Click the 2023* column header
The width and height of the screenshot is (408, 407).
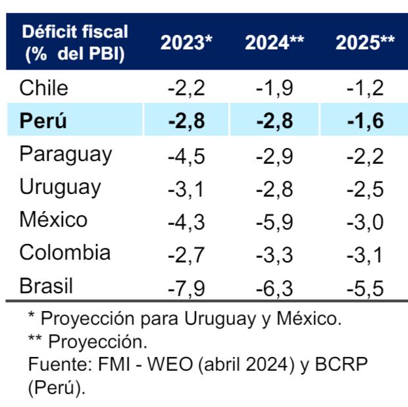[187, 43]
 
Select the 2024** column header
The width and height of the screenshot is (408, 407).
[274, 43]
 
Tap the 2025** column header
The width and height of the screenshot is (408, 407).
[365, 43]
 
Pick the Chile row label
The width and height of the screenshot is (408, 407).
[43, 87]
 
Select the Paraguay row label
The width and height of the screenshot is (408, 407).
[66, 155]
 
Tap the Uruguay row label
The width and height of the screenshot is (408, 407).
[61, 187]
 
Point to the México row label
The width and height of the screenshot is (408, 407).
[53, 220]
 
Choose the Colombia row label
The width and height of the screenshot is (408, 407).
[65, 253]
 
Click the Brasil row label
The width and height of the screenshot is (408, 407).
[47, 286]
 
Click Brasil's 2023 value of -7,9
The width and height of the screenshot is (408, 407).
[186, 287]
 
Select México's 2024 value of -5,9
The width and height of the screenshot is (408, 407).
[274, 221]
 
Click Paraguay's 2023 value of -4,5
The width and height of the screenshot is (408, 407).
[186, 155]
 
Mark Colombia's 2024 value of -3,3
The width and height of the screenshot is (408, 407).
[274, 254]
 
